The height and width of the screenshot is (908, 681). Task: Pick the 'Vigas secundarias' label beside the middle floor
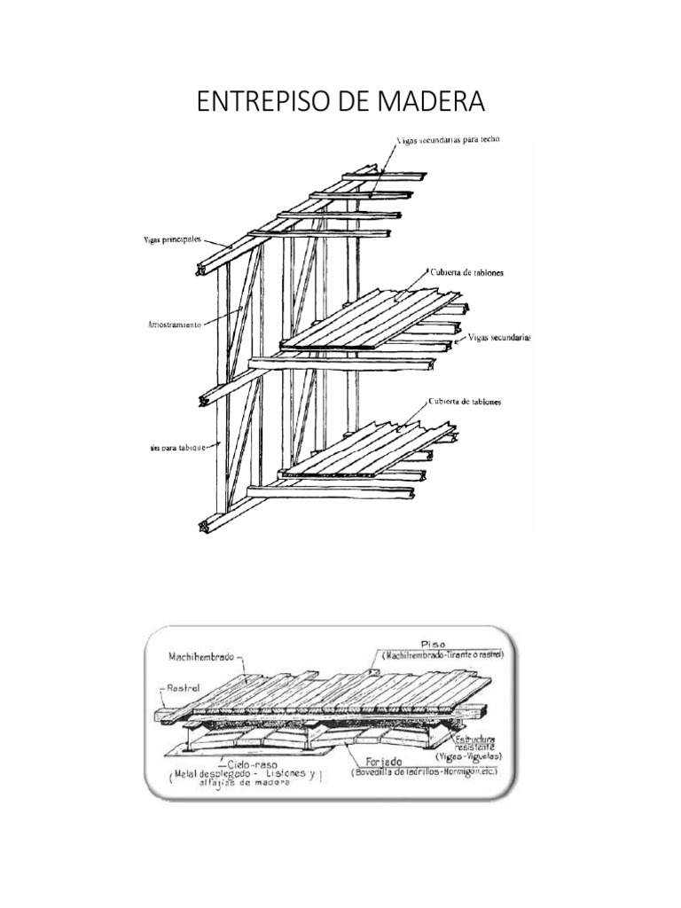(x=498, y=337)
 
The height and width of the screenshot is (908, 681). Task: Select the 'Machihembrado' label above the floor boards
(x=200, y=657)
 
